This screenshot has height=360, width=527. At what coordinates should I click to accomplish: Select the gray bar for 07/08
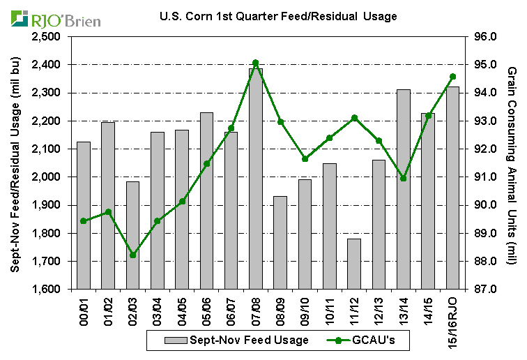click(256, 179)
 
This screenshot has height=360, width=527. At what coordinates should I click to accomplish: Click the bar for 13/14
click(404, 189)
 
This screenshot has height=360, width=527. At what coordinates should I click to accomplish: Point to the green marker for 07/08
click(256, 63)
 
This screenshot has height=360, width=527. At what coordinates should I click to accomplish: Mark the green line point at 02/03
click(132, 255)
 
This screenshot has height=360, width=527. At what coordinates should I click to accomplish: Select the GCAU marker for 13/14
click(404, 179)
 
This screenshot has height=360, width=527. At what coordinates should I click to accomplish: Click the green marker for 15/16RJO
click(452, 77)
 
